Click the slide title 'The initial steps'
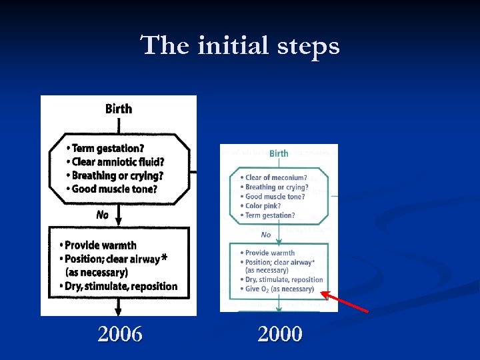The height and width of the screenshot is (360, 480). pyautogui.click(x=240, y=46)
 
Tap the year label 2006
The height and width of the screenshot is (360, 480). pyautogui.click(x=120, y=333)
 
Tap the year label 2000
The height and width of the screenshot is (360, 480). pyautogui.click(x=280, y=333)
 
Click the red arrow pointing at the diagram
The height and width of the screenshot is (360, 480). pyautogui.click(x=345, y=301)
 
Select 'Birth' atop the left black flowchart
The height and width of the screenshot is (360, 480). pyautogui.click(x=119, y=109)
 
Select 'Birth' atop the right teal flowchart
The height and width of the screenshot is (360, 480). pyautogui.click(x=279, y=153)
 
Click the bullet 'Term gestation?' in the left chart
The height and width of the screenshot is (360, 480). pyautogui.click(x=107, y=148)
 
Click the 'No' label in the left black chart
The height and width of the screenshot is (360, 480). pyautogui.click(x=102, y=215)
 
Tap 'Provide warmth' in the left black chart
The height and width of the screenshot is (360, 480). pyautogui.click(x=100, y=245)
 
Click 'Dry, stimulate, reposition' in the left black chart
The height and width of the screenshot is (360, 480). pyautogui.click(x=121, y=287)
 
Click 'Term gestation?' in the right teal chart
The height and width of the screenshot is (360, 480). pyautogui.click(x=269, y=215)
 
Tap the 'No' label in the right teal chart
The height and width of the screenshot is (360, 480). pyautogui.click(x=266, y=235)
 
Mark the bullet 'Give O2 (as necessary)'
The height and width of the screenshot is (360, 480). pyautogui.click(x=279, y=289)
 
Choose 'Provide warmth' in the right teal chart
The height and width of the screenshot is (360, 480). pyautogui.click(x=269, y=253)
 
